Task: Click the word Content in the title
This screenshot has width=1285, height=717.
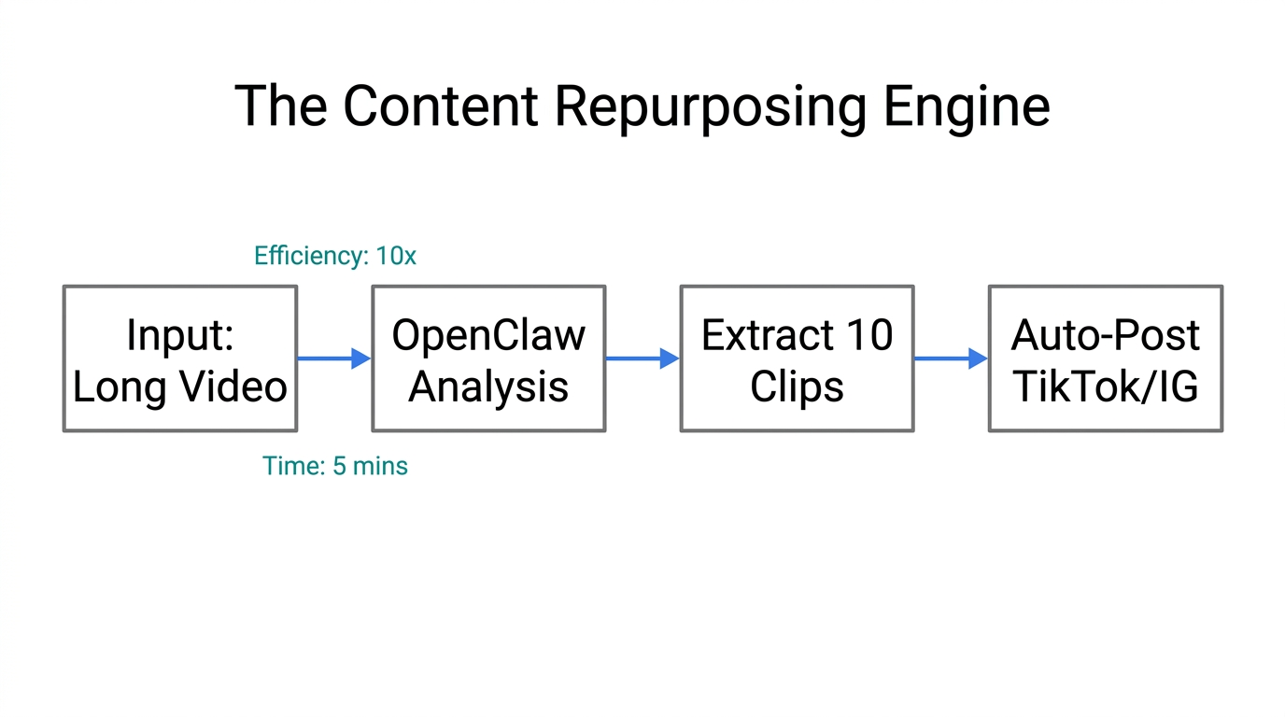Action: (441, 105)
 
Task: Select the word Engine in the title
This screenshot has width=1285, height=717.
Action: (967, 105)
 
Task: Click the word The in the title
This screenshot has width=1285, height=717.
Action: (280, 105)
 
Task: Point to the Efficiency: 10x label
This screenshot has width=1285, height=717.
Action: (334, 256)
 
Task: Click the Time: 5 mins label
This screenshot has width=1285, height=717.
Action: (334, 466)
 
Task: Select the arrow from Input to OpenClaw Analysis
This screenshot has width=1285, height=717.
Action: (333, 358)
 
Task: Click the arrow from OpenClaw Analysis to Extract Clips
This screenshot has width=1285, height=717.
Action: (642, 358)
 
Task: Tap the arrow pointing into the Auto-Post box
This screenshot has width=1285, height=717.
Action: (950, 358)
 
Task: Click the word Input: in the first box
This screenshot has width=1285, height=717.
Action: (180, 335)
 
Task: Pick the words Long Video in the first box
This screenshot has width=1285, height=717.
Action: (180, 387)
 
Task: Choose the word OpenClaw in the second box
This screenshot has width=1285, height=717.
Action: (488, 335)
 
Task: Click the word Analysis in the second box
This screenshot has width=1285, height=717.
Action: (488, 387)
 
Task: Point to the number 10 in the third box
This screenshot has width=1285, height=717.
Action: (869, 335)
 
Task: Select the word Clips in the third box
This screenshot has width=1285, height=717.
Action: (797, 387)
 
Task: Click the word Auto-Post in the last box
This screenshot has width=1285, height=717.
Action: (1106, 335)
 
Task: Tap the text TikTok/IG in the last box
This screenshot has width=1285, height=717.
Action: (1106, 387)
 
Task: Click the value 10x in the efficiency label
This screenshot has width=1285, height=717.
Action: (396, 256)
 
